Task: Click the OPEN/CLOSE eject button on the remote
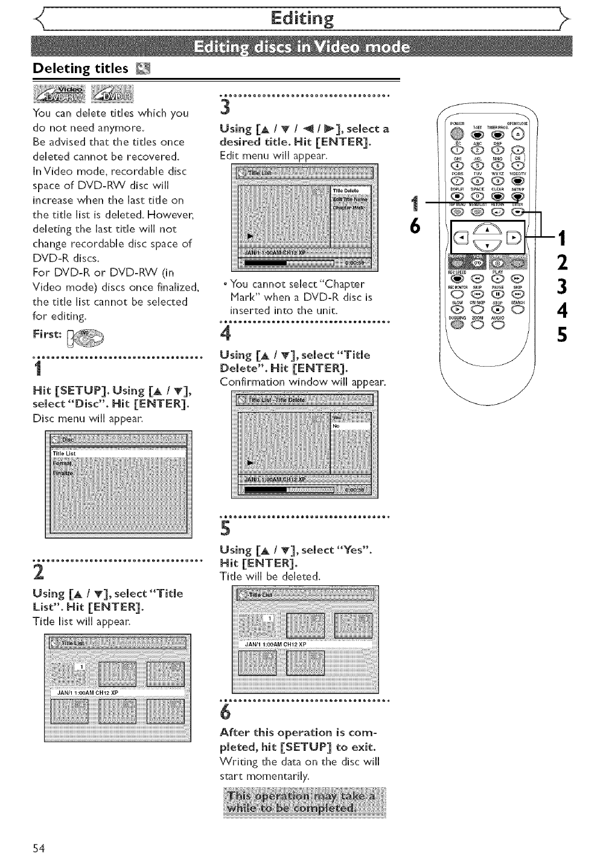[518, 135]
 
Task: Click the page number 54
[39, 847]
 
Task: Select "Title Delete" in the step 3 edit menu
[346, 191]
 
